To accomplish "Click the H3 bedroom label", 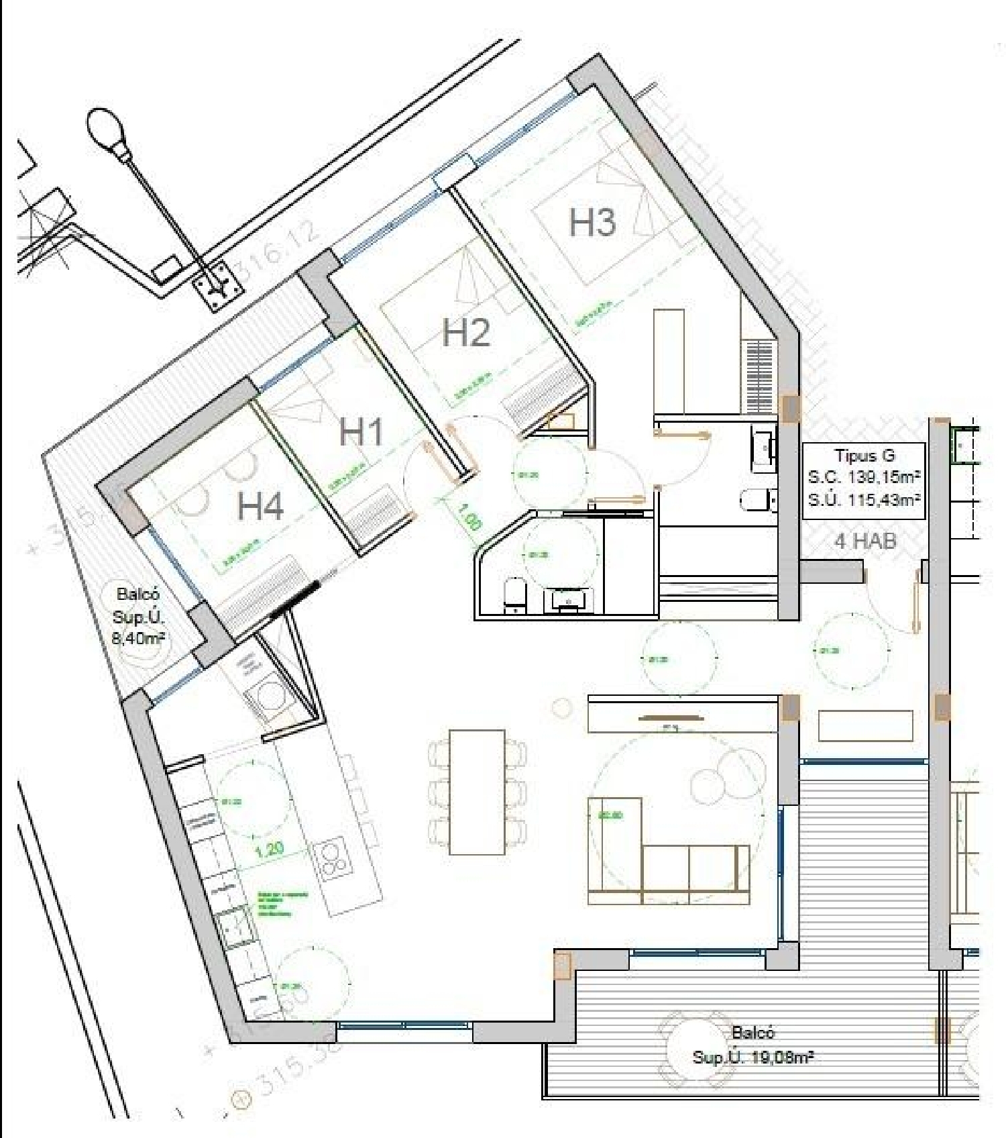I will click(592, 223).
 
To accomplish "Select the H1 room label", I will click(361, 431).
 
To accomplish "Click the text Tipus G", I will click(864, 456).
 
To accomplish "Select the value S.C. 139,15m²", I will click(864, 477).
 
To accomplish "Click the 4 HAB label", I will click(865, 541).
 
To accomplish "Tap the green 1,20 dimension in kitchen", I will click(270, 850).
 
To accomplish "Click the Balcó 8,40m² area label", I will click(139, 616).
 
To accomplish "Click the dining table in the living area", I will click(477, 792).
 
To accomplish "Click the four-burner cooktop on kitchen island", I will click(331, 860).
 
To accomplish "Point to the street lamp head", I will click(105, 129).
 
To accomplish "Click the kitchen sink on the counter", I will click(236, 929).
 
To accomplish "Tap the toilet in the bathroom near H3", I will click(757, 499).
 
